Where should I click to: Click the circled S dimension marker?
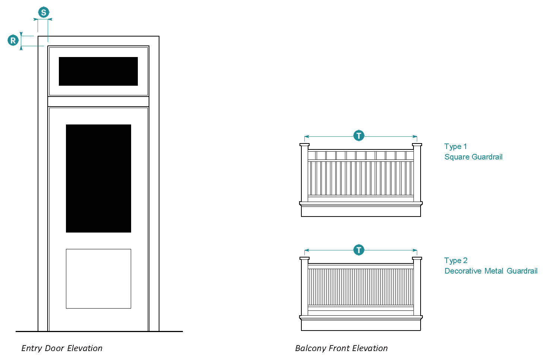coord(44,12)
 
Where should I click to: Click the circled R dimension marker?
coord(13,40)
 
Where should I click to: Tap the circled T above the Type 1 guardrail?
coord(359,136)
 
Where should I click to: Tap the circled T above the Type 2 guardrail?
coord(359,250)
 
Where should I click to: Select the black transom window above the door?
coord(98,71)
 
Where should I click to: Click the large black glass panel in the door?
coord(99,179)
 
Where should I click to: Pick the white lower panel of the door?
coord(99,279)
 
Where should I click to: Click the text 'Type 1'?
coord(456,146)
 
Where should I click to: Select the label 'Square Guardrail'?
coord(473,157)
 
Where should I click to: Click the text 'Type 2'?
coord(456,261)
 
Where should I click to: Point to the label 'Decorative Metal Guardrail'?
coord(491,271)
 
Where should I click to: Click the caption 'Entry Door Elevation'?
coord(62,348)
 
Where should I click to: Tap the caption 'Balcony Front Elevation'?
coord(341,348)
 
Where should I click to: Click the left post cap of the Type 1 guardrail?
coord(304,145)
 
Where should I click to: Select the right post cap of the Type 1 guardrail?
coord(417,145)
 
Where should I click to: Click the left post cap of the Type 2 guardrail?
coord(304,258)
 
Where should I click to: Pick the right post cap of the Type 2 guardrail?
coord(417,258)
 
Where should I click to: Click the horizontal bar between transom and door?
coord(98,101)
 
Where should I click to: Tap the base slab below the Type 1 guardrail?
coord(361,211)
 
